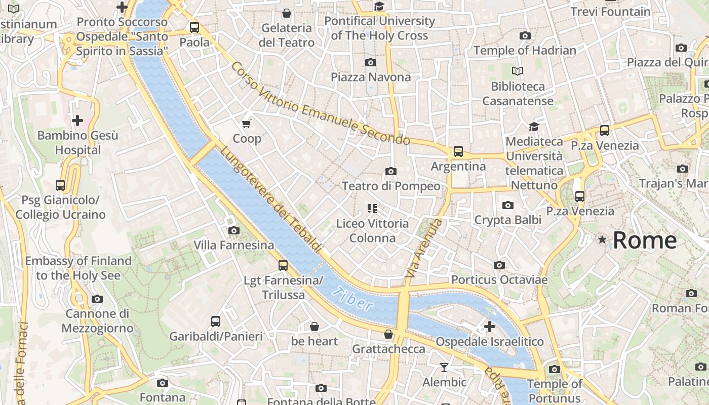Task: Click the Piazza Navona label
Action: (x=371, y=77)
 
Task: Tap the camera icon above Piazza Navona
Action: (x=371, y=62)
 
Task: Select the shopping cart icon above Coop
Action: (x=247, y=124)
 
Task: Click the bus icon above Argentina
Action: (x=458, y=151)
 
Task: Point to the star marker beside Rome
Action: (x=602, y=239)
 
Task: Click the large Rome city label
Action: (x=645, y=240)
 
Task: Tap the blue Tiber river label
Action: (x=353, y=299)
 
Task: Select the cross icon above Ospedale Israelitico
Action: (x=490, y=327)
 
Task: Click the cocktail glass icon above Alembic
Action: (x=444, y=367)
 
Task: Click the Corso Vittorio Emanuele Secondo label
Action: (x=320, y=103)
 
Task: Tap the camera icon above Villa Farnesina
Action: (x=233, y=231)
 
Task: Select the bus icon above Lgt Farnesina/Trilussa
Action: (x=283, y=265)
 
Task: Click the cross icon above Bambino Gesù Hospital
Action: (x=77, y=120)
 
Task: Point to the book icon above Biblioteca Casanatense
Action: (x=517, y=71)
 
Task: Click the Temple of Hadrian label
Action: (x=525, y=51)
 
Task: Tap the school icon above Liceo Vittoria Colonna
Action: (x=372, y=208)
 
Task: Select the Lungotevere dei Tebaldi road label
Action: (x=271, y=199)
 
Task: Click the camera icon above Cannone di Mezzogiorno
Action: (x=97, y=299)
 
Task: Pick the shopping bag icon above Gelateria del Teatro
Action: (x=287, y=13)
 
